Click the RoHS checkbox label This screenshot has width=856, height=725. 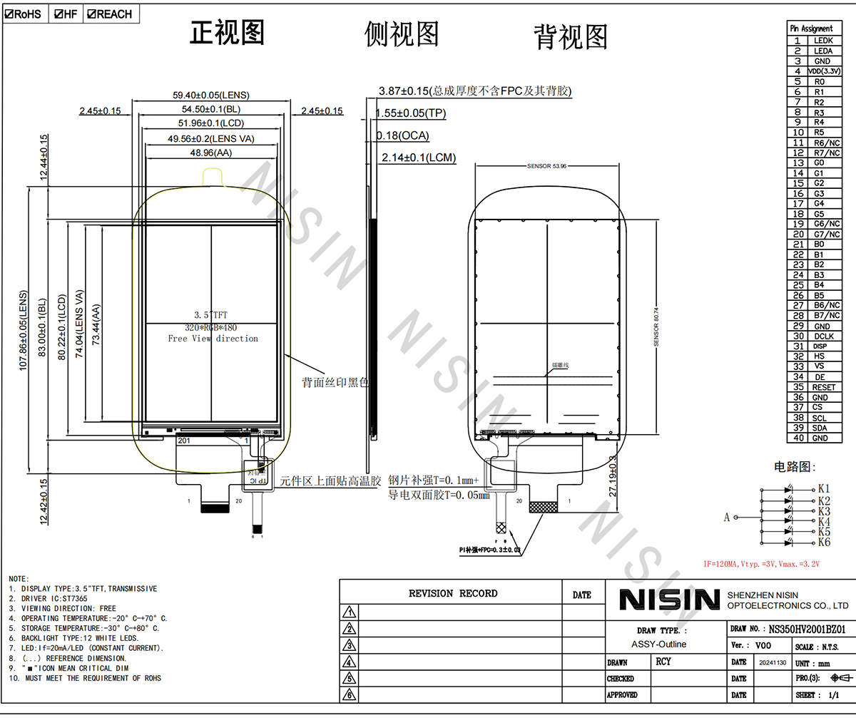coord(24,14)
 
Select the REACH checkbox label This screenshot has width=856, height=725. coord(110,14)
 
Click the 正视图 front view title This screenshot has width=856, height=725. coord(227,33)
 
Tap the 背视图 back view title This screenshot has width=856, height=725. coord(571,37)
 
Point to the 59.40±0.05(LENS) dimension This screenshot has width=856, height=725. coord(211,95)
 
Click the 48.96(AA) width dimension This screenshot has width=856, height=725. coord(211,153)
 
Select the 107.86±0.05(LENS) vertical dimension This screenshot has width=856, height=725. coord(23,329)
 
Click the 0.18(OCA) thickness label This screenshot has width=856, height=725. coord(403,135)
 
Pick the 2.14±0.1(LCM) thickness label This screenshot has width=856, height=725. coord(419,158)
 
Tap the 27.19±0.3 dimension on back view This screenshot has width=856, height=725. coord(613,476)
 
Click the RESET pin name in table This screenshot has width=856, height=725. coord(823,387)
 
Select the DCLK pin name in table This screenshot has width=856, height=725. coord(823,336)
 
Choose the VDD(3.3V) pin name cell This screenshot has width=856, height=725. coord(824,71)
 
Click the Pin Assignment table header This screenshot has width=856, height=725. coord(812,29)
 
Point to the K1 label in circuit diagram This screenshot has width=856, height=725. coord(824,489)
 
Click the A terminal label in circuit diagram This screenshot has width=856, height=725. coord(727,518)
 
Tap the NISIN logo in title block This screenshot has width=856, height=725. coord(669,600)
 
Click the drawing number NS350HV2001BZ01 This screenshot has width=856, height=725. coord(806,629)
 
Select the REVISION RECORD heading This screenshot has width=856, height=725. coord(453,593)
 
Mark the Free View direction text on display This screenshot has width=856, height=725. coord(213,339)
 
